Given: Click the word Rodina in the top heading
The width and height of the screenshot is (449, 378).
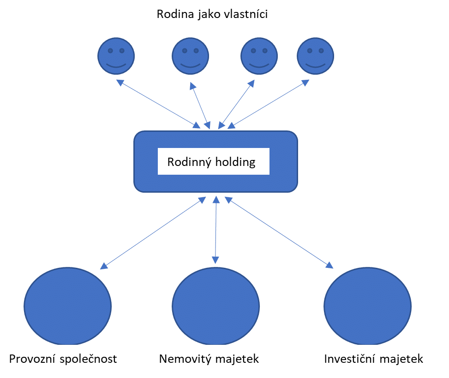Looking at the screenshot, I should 173,14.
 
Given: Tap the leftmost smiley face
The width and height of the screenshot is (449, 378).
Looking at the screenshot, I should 116,56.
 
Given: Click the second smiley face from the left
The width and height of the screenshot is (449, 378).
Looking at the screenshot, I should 190,56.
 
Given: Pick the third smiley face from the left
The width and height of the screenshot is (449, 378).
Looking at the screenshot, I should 259,56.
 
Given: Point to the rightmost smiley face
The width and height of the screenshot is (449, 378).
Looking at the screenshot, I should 315,56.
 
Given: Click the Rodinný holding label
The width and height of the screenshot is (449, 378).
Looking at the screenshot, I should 211,162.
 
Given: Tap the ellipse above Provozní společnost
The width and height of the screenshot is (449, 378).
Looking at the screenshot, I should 67,306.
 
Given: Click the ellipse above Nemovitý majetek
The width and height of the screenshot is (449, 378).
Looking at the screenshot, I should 216,306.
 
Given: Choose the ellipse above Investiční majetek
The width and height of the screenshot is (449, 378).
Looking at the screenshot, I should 367,306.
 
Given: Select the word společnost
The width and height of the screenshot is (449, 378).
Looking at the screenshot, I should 89,359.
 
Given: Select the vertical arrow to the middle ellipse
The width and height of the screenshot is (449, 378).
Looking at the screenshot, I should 216,230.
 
